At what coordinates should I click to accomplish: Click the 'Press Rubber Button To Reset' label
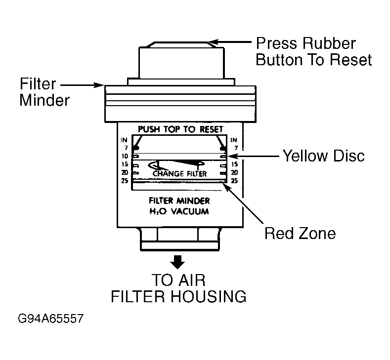pyautogui.click(x=314, y=52)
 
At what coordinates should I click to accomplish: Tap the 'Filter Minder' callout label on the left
pyautogui.click(x=44, y=92)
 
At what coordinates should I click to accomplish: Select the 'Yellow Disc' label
pyautogui.click(x=324, y=156)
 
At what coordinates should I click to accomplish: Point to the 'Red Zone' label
pyautogui.click(x=300, y=234)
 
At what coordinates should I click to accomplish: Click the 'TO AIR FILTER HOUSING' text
pyautogui.click(x=178, y=288)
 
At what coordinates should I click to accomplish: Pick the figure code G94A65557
pyautogui.click(x=51, y=319)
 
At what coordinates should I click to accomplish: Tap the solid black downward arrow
pyautogui.click(x=177, y=262)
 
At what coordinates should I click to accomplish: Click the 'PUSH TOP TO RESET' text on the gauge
pyautogui.click(x=180, y=129)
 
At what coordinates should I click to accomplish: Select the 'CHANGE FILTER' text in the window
pyautogui.click(x=179, y=173)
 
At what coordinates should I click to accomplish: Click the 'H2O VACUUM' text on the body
pyautogui.click(x=179, y=211)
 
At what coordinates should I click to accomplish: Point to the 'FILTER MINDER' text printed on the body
pyautogui.click(x=179, y=200)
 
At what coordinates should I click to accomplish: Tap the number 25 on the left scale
pyautogui.click(x=125, y=181)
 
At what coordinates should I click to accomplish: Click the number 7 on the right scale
pyautogui.click(x=236, y=148)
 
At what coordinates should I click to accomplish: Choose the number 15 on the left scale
pyautogui.click(x=125, y=164)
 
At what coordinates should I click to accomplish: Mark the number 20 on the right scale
pyautogui.click(x=234, y=172)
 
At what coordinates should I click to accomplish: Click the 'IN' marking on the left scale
pyautogui.click(x=124, y=140)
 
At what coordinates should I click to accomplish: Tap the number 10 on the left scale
pyautogui.click(x=125, y=156)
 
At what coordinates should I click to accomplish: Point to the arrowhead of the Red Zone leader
pyautogui.click(x=227, y=187)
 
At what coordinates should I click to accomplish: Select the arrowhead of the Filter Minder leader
pyautogui.click(x=99, y=85)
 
